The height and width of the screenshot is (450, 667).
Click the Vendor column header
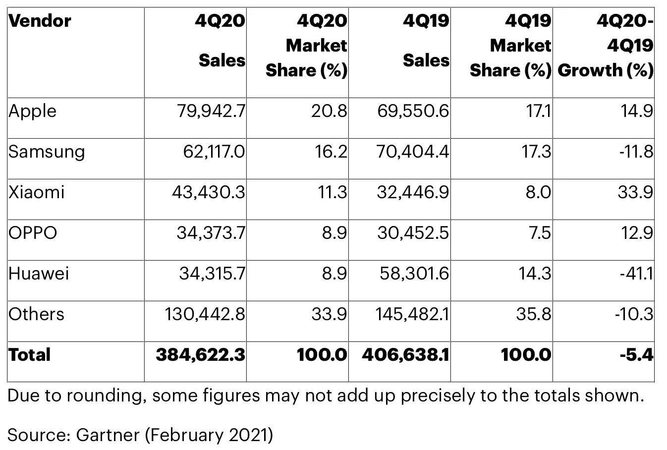coord(40,21)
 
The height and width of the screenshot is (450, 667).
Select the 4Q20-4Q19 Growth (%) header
coord(606,46)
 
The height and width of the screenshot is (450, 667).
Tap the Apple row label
coord(32,112)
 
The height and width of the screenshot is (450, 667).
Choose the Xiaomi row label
coord(36,192)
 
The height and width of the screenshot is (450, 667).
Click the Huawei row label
coord(39,274)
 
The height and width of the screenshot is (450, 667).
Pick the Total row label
coord(29,355)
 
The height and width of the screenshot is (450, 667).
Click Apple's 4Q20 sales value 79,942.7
coord(211,111)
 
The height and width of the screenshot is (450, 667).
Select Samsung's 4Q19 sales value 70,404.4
coord(413,152)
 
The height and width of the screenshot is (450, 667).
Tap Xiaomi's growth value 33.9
coord(635,192)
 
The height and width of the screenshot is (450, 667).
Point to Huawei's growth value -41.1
coord(637,274)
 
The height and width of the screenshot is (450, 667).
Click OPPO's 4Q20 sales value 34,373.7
coord(211,233)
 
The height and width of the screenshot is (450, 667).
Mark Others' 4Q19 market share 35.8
coord(534,314)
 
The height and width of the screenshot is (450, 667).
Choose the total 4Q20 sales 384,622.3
coord(201,355)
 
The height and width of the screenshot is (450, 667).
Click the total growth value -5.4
coord(637,355)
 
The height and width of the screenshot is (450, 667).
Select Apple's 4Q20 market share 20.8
coord(329,111)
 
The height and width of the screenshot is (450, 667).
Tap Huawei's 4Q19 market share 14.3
coord(535,274)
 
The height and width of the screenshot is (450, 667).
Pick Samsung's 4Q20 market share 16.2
coord(331,152)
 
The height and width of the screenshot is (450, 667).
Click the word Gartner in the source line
coord(108,435)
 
